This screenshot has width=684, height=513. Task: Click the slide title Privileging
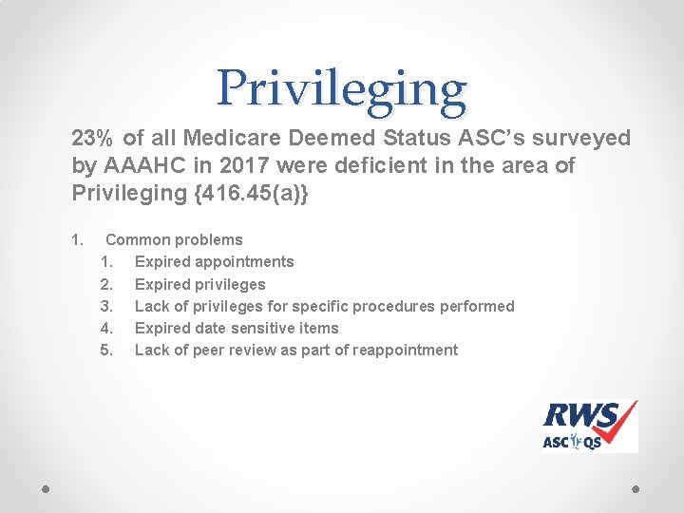(341, 88)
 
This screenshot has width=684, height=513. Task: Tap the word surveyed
(579, 139)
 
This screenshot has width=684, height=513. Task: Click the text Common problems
(174, 239)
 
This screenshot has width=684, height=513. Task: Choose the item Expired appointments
(215, 261)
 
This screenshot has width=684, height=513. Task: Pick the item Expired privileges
(200, 284)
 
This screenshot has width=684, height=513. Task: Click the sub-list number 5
(106, 350)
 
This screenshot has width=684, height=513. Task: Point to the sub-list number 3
(106, 306)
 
